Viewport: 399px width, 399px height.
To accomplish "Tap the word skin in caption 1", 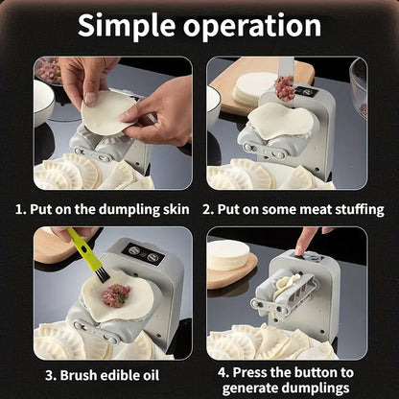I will tap(177, 208).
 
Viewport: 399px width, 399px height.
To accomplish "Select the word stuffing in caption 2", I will tap(355, 208).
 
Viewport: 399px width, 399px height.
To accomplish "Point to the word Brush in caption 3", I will tap(74, 375).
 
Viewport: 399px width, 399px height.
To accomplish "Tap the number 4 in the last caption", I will tap(223, 371).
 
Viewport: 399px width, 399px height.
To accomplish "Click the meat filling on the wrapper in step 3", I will tap(116, 293).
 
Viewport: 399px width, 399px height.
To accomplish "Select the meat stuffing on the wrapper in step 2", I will tap(284, 90).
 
